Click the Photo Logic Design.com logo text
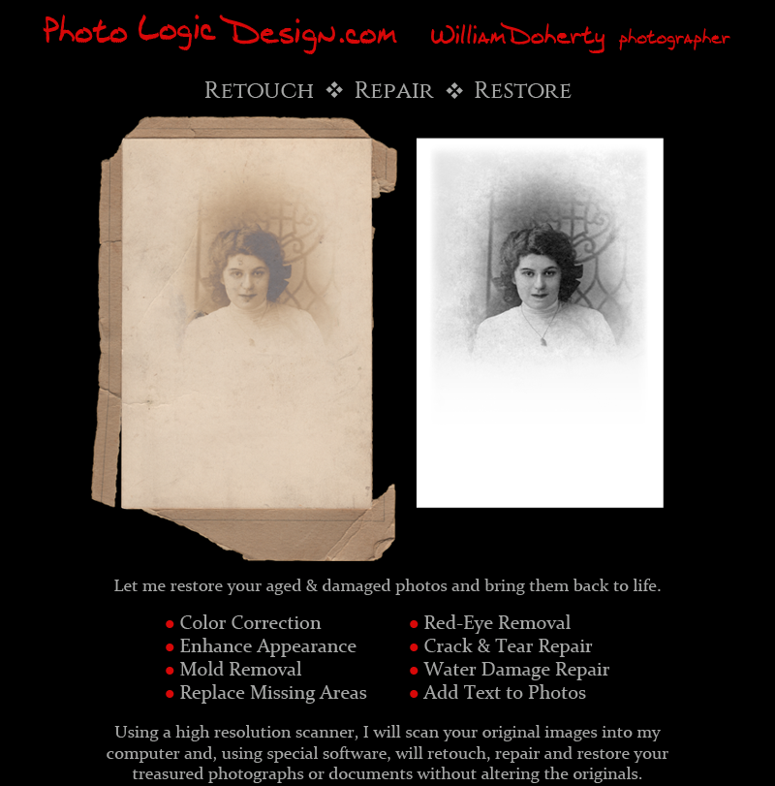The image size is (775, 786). point(220,33)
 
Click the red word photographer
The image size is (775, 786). point(673,40)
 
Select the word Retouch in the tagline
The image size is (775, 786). point(259,91)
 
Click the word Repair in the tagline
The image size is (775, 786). point(393,91)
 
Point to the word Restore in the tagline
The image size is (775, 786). point(522,91)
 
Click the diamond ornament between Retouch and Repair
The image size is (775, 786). point(334,90)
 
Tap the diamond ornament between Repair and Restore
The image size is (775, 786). point(454,90)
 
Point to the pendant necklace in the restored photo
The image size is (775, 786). point(542,339)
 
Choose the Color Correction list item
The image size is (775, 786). point(250,623)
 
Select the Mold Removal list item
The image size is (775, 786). point(240,670)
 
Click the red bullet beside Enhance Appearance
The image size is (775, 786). point(170,647)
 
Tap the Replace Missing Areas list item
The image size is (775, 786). point(273,693)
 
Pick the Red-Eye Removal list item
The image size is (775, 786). point(497,623)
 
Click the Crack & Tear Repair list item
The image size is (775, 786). point(508,646)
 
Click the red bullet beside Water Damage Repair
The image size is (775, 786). point(415,671)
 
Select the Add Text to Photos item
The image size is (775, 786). point(505,693)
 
